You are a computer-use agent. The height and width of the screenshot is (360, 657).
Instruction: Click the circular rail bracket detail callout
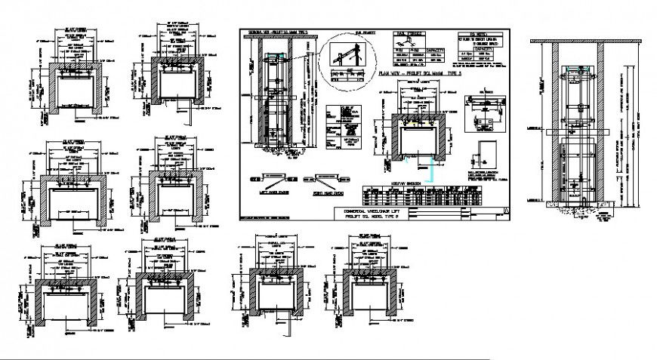(x=339, y=60)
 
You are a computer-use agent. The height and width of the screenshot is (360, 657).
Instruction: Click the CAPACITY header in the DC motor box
(x=479, y=51)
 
